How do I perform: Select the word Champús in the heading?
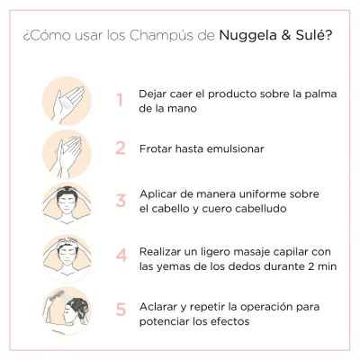(x=176, y=37)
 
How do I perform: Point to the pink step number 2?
(x=119, y=149)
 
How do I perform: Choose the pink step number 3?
(x=119, y=200)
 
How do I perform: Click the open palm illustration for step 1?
(x=67, y=99)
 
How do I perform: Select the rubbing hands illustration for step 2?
(x=67, y=149)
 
